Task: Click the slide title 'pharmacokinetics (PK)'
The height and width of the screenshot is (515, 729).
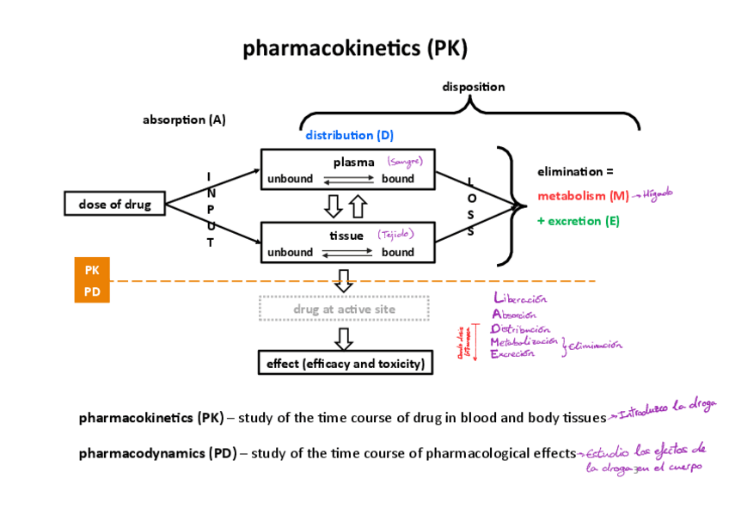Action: coord(355,48)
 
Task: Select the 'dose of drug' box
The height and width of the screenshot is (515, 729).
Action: coord(114,204)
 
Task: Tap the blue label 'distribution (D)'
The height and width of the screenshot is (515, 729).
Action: coord(349,135)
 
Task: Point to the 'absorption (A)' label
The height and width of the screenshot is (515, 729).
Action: coord(184,120)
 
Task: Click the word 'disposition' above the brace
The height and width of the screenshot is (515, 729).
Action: coord(473,87)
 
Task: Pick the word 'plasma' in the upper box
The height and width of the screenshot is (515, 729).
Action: coord(353,162)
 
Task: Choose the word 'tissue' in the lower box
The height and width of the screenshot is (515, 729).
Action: coord(346,235)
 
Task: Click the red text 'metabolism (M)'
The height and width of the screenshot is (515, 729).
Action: coord(583,195)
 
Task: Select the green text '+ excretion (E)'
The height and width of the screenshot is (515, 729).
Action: coord(579,221)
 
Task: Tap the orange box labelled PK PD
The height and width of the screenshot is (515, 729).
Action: coord(92,280)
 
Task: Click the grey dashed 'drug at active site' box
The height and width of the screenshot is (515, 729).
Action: coord(344,309)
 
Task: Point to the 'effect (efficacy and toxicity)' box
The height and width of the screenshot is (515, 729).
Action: coord(346,364)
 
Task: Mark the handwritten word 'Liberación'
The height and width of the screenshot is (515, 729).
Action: coord(520,299)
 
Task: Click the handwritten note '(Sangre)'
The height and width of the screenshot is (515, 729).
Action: coord(404,161)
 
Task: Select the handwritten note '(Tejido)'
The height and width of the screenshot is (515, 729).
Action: coord(396,234)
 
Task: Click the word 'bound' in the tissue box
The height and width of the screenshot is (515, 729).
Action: coord(398,252)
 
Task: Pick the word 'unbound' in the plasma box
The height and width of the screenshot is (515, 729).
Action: coord(290,179)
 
